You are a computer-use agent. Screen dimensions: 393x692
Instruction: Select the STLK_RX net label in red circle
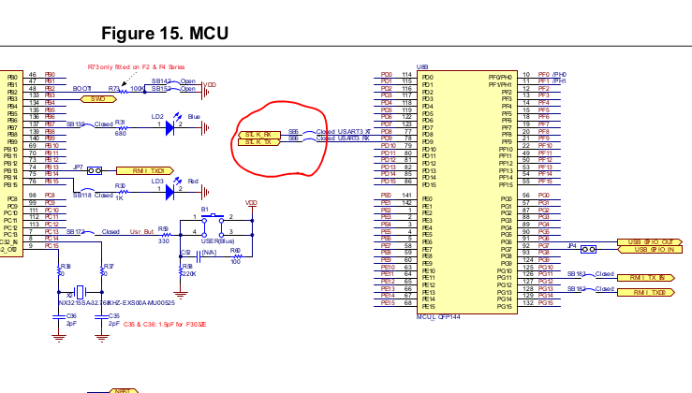pos(258,134)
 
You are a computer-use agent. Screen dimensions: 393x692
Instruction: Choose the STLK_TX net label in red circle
pos(258,141)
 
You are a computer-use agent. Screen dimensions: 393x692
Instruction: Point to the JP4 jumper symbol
pos(588,248)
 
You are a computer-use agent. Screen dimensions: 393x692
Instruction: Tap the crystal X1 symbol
pos(81,291)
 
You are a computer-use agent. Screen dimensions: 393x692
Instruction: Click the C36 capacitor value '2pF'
pos(71,323)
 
